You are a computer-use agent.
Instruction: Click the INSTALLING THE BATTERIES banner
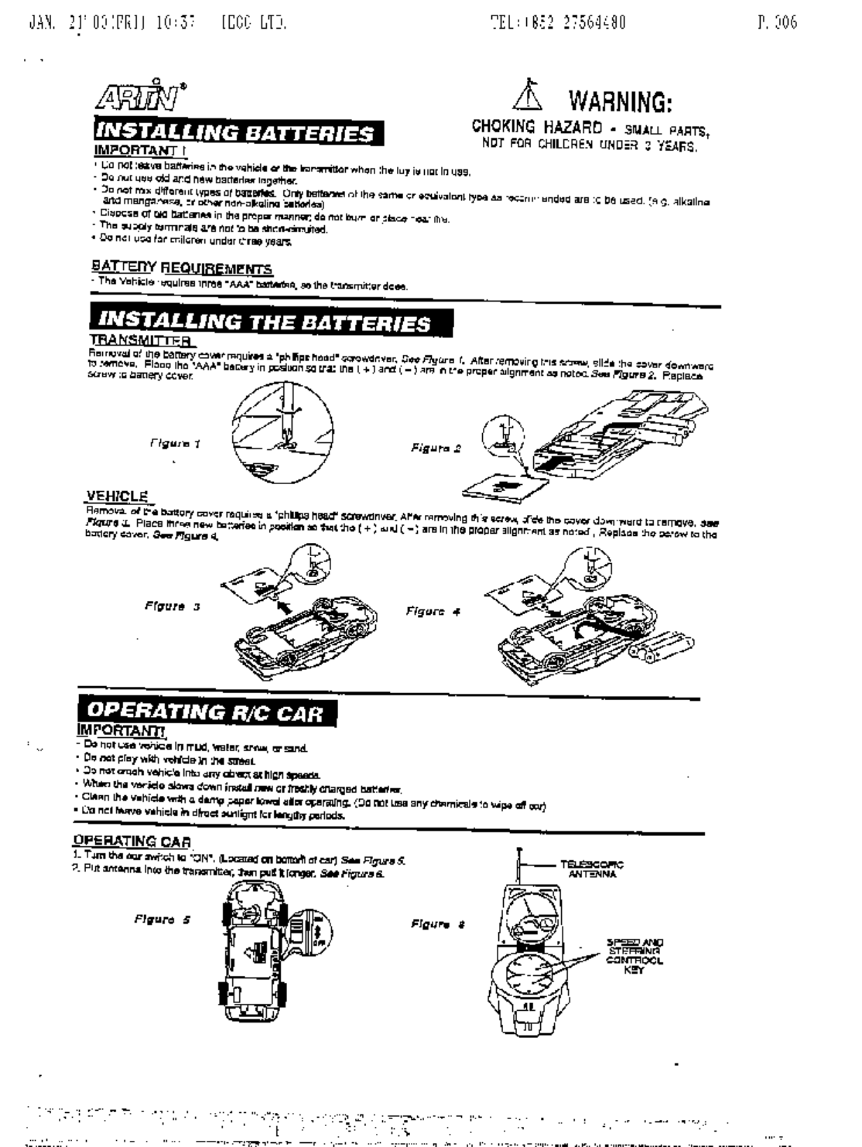[x=271, y=322]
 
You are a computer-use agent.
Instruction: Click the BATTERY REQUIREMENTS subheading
[x=182, y=268]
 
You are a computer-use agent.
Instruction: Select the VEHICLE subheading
[x=116, y=496]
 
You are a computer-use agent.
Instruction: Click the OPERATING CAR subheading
[x=132, y=841]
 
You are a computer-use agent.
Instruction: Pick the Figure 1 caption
[x=176, y=443]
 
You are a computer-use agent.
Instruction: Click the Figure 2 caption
[x=436, y=447]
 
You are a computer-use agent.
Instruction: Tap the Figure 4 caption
[x=433, y=611]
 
